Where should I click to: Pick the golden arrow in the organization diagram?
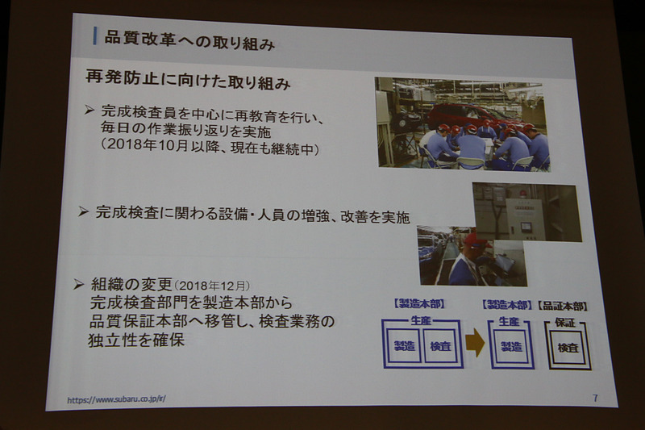pyautogui.click(x=476, y=343)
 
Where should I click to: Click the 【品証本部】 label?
pyautogui.click(x=563, y=307)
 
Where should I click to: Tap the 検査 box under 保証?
pyautogui.click(x=569, y=348)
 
